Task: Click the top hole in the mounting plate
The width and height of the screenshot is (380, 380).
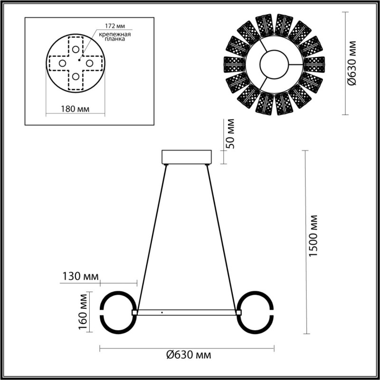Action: pyautogui.click(x=76, y=49)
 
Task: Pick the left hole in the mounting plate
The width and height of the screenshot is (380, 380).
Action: pyautogui.click(x=62, y=63)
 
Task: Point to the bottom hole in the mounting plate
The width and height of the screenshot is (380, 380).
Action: pyautogui.click(x=76, y=76)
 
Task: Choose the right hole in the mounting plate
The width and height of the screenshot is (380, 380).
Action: pyautogui.click(x=89, y=63)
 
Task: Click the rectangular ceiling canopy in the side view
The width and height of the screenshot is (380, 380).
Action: pyautogui.click(x=186, y=157)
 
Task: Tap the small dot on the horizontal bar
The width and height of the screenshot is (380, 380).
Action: pyautogui.click(x=162, y=313)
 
